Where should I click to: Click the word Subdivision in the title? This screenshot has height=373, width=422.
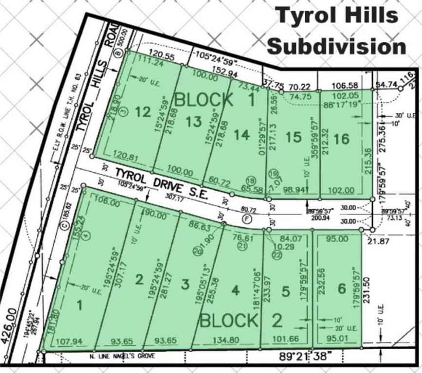[337, 47]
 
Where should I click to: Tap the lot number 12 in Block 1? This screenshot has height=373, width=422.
[143, 112]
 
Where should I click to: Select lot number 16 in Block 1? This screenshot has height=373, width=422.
[342, 139]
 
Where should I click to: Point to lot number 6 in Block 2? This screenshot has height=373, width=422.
[342, 289]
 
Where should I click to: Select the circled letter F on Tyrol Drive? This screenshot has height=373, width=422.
[248, 218]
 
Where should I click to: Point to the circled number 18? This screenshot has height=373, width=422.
[251, 180]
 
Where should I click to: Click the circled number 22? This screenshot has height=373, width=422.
[277, 255]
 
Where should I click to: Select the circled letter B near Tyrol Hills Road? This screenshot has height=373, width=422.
[117, 54]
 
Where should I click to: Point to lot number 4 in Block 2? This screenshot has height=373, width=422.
[236, 290]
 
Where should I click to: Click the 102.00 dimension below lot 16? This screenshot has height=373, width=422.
[343, 191]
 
